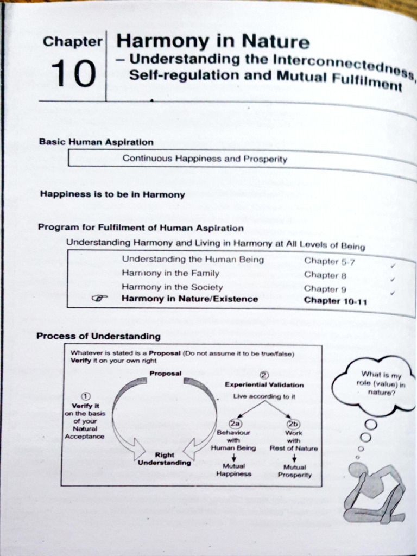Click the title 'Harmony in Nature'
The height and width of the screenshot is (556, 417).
pos(213,41)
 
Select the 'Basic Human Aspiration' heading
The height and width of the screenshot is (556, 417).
pos(96,142)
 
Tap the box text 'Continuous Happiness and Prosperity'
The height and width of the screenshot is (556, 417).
pos(205,159)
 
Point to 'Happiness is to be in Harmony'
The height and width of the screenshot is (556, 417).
pos(112,194)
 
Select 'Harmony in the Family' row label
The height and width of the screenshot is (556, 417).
pos(170,273)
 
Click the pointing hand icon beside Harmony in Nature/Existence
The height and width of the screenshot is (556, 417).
pos(100,298)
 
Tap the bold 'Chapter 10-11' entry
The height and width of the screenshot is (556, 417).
pos(335,301)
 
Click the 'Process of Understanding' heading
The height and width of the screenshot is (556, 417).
pos(98,336)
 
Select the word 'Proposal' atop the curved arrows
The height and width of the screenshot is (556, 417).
pos(165,374)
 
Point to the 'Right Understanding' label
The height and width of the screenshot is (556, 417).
pos(165,459)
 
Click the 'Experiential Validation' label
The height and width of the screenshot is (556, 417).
pos(264,385)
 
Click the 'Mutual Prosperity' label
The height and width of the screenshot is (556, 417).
pos(295,471)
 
